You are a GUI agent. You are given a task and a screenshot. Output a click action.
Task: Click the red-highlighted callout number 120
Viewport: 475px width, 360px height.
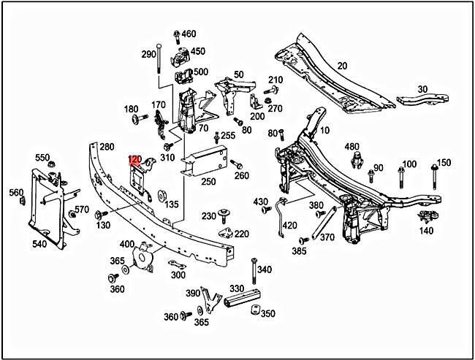click(x=134, y=158)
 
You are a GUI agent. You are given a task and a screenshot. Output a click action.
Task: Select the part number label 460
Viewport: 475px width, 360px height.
click(x=189, y=34)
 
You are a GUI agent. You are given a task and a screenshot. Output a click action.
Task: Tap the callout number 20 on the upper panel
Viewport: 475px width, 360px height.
click(x=342, y=66)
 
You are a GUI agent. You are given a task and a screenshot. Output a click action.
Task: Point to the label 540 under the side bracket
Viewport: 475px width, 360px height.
click(x=39, y=244)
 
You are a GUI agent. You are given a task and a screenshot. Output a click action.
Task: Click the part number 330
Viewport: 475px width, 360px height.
click(x=237, y=289)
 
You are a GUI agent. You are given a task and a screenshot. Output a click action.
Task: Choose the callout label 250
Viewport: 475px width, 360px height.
click(x=209, y=181)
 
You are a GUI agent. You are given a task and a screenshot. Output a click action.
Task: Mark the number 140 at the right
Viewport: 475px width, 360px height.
click(x=426, y=231)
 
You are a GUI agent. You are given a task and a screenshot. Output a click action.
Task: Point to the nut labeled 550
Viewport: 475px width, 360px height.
click(x=52, y=167)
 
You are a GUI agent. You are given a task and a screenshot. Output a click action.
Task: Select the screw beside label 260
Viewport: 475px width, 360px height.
click(x=233, y=165)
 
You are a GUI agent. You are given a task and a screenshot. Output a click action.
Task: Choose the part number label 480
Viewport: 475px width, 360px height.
click(x=352, y=147)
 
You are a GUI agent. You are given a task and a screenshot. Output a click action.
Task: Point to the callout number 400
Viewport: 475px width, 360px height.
click(x=127, y=244)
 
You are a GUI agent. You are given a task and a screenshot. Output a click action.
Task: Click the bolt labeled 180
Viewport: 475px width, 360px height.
click(x=137, y=119)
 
